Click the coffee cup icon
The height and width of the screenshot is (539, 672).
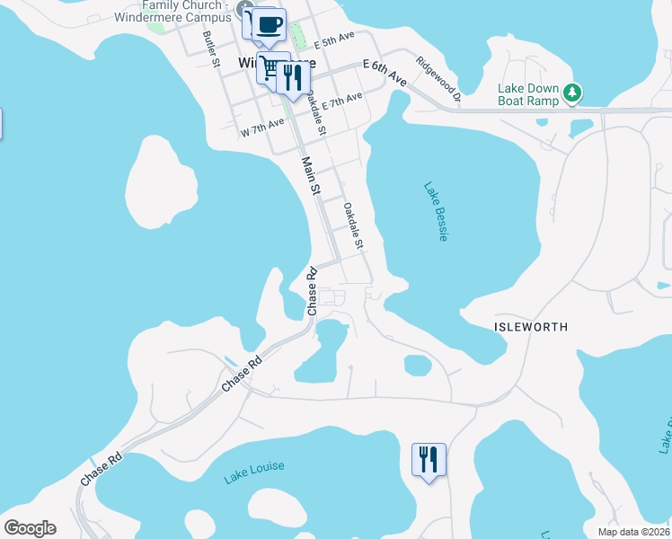click(269, 24)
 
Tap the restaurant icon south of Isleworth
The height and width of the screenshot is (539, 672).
click(429, 460)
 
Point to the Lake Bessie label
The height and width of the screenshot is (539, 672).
click(436, 212)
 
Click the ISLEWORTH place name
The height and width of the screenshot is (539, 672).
click(531, 328)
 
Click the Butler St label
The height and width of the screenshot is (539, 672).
click(211, 49)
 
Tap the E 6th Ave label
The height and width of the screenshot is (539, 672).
click(385, 73)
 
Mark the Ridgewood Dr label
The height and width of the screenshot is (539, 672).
click(438, 79)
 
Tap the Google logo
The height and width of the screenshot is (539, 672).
click(30, 528)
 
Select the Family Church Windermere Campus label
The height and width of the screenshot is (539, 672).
click(183, 12)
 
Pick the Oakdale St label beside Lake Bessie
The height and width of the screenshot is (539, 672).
click(351, 225)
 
